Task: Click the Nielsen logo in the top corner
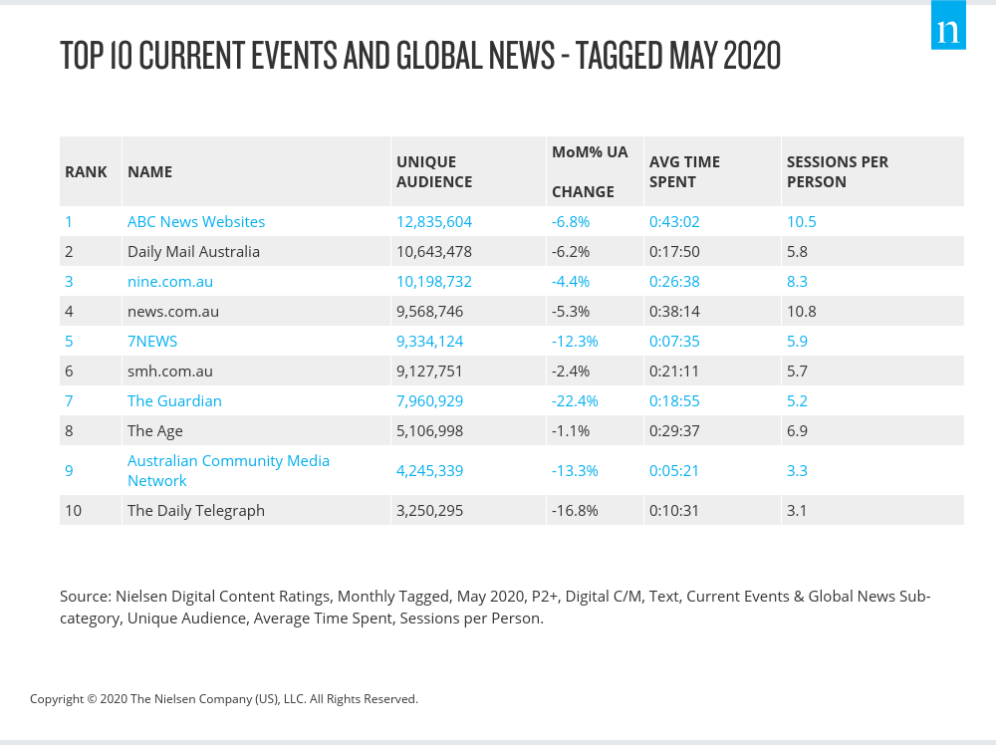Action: click(x=948, y=31)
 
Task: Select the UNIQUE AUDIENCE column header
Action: click(x=434, y=171)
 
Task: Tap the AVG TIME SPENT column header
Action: click(x=684, y=171)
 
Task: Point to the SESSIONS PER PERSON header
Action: click(x=837, y=171)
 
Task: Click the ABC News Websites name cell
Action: click(x=196, y=221)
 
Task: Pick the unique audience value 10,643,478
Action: click(x=433, y=251)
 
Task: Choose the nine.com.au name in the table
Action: click(x=170, y=281)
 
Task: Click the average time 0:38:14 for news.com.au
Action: click(x=675, y=311)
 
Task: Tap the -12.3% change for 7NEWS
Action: click(x=575, y=341)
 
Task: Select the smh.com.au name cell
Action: click(x=170, y=371)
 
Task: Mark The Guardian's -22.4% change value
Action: click(x=575, y=400)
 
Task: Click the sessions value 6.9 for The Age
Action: click(x=797, y=430)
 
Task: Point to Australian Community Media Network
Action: click(x=228, y=470)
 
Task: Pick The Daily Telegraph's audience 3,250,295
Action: click(x=429, y=510)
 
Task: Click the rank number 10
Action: click(x=73, y=510)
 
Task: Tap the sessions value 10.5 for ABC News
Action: click(x=801, y=221)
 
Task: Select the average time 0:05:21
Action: click(x=675, y=470)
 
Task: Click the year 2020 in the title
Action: click(x=752, y=56)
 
